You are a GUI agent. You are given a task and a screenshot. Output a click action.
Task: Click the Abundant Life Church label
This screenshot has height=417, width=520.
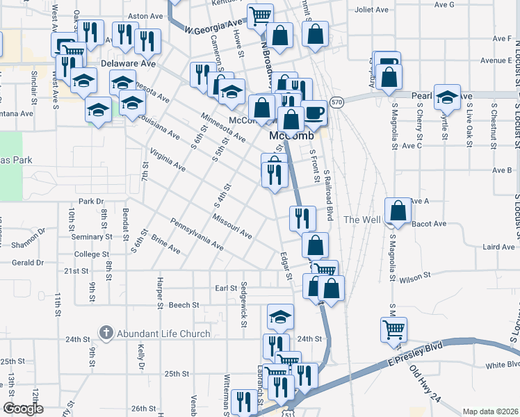click(x=163, y=334)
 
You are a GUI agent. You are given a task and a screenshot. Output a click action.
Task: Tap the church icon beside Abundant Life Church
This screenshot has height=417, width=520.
click(x=106, y=334)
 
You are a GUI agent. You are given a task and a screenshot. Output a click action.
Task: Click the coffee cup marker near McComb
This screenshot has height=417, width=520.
click(x=314, y=113)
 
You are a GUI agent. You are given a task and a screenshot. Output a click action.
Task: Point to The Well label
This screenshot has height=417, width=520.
click(x=361, y=220)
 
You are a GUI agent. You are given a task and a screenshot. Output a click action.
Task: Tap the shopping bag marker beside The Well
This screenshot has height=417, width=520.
click(x=397, y=212)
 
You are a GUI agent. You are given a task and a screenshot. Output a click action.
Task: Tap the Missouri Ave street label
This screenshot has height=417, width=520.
click(x=231, y=225)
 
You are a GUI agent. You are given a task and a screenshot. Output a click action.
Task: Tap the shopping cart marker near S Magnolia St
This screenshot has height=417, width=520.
click(x=394, y=329)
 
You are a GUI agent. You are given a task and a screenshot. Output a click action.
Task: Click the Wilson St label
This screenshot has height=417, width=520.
click(x=415, y=277)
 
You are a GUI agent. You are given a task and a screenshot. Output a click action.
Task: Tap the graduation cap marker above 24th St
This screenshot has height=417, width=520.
click(x=280, y=318)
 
